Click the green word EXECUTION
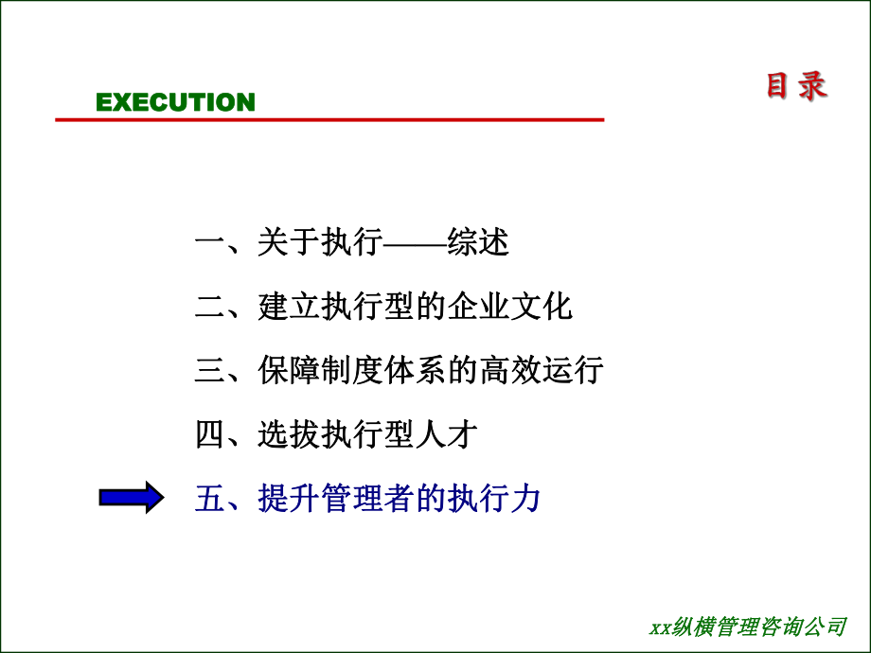point(175,102)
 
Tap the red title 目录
point(796,86)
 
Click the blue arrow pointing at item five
point(132,497)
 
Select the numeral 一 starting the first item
point(210,242)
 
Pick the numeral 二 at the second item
point(210,307)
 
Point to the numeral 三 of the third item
point(210,370)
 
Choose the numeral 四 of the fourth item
point(210,434)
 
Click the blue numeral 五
point(210,498)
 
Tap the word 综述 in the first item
point(478,242)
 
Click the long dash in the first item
point(415,243)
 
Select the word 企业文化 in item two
point(510,307)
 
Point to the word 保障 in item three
point(289,370)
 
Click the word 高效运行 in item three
point(542,370)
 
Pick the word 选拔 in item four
point(289,434)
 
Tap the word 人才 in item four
point(447,434)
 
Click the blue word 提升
point(289,498)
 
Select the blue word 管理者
point(367,498)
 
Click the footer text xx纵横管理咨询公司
point(748,627)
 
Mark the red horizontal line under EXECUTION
point(329,119)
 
